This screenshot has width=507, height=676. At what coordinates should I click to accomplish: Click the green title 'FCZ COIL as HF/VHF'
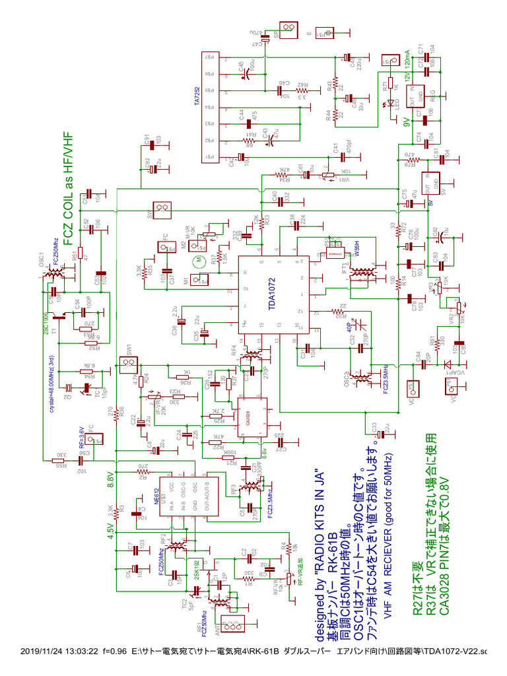tap(67, 187)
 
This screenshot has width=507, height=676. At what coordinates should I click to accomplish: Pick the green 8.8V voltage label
tap(110, 479)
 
